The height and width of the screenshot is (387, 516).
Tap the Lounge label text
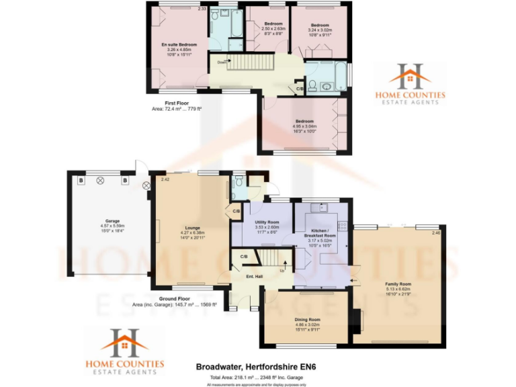[x=190, y=228]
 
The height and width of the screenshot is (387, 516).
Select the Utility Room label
[x=267, y=222]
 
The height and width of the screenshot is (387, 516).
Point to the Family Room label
[x=398, y=284]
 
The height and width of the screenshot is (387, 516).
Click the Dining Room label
[x=307, y=319]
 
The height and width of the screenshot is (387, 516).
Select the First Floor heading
[x=168, y=102]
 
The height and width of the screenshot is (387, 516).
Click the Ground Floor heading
[x=174, y=298]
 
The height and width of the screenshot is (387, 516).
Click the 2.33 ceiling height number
[x=202, y=9]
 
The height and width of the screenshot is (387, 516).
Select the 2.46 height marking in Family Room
[x=436, y=233]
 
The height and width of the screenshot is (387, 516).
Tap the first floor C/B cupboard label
[x=299, y=89]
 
